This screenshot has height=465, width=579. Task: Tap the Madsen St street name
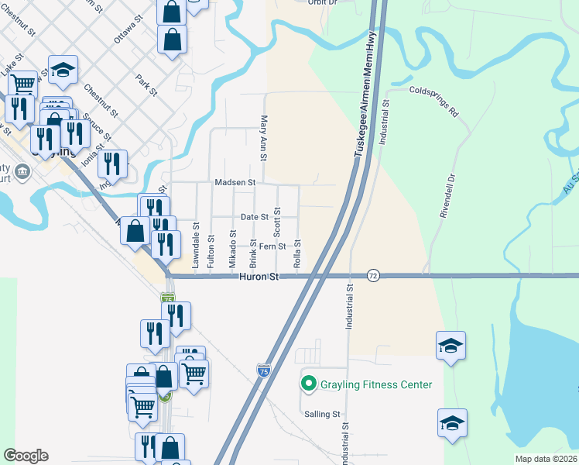tap(235, 183)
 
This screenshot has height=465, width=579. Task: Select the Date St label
tap(254, 217)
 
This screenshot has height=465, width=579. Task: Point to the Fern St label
tap(272, 246)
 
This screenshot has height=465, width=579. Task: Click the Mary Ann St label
tap(264, 138)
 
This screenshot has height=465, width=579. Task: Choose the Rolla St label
tap(296, 254)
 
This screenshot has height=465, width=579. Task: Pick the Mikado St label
tap(232, 249)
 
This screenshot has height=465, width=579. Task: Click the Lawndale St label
tap(197, 247)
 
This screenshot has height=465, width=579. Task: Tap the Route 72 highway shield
tap(374, 276)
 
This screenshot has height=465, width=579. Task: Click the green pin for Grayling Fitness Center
tap(309, 384)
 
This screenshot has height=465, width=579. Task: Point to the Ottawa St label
tap(128, 29)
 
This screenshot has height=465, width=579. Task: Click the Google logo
tap(26, 456)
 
